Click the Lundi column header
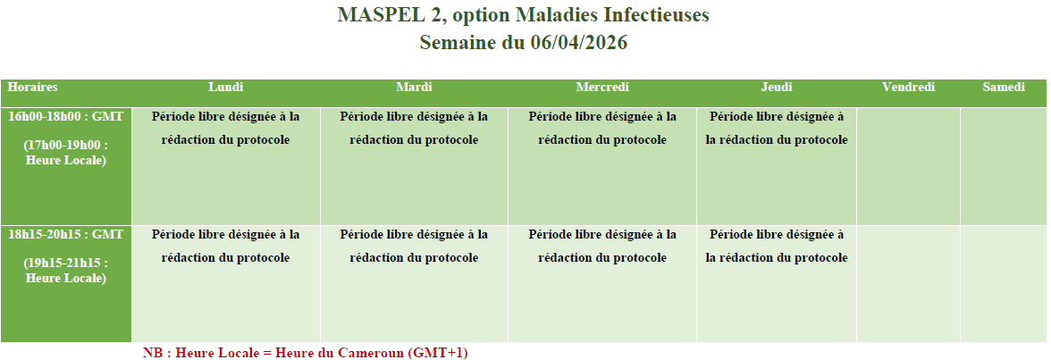pos(226,88)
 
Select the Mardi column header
pos(415,88)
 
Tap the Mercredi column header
pos(602,88)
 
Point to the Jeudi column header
pos(777,88)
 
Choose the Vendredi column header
pos(908,88)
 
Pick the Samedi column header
pos(1004,88)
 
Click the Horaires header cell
pos(33,88)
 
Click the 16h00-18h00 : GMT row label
pos(66,117)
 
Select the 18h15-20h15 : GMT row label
pos(66,235)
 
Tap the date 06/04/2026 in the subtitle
pos(579,42)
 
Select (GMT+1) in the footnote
pos(438,353)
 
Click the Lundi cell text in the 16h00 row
pos(226,128)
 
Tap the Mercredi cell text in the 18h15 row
pos(602,246)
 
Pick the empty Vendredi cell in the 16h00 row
pos(908,166)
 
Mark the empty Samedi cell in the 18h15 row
pos(1004,284)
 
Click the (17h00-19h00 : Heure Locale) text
pos(66,153)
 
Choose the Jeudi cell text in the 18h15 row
pos(777,246)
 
